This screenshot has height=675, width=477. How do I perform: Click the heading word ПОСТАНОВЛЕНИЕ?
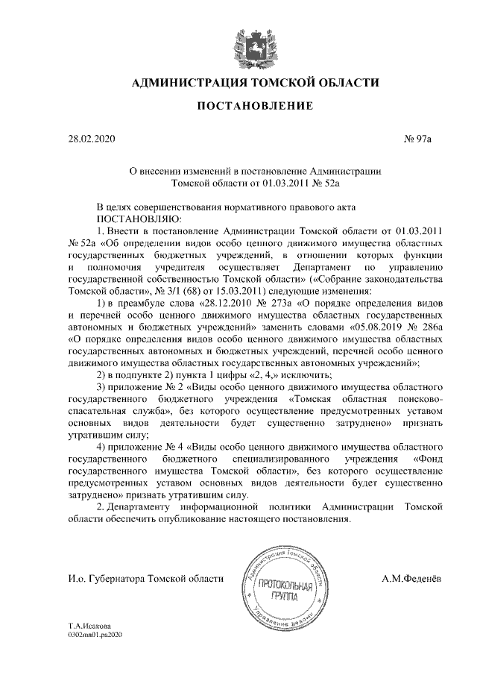click(254, 107)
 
